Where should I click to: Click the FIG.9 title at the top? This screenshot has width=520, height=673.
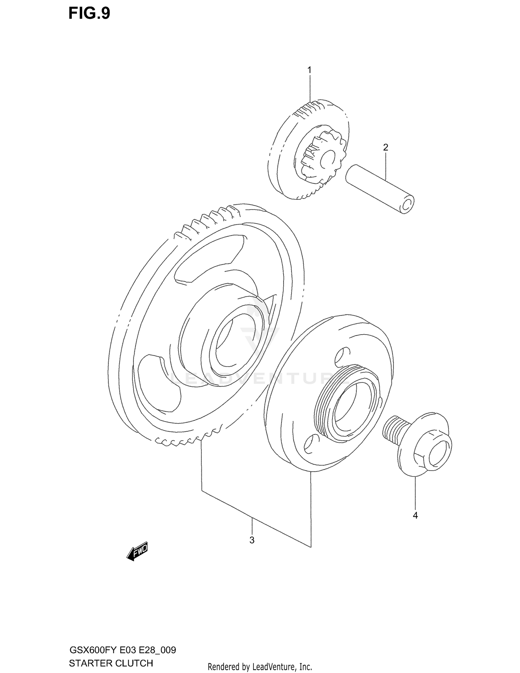click(89, 14)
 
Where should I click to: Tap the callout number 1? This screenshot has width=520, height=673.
click(309, 70)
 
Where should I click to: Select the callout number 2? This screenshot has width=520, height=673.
click(385, 147)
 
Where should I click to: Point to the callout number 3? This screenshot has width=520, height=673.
click(252, 540)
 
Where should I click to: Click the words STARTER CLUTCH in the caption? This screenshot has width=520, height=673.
click(111, 663)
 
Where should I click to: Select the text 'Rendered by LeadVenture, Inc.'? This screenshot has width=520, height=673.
click(260, 666)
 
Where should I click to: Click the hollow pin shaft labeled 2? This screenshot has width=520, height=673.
click(378, 188)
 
